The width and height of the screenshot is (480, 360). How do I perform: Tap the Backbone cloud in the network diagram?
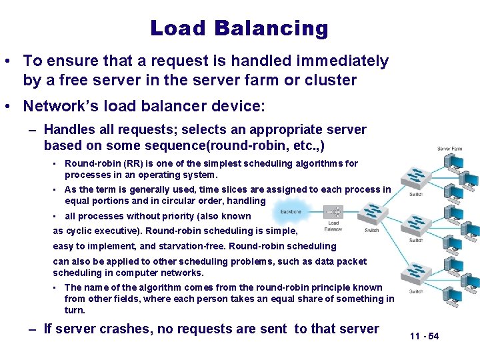pyautogui.click(x=291, y=211)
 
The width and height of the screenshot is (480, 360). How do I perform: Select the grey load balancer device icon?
pyautogui.click(x=333, y=212)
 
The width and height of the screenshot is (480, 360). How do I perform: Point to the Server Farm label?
pyautogui.click(x=450, y=149)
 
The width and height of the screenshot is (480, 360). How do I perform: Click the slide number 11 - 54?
pyautogui.click(x=425, y=336)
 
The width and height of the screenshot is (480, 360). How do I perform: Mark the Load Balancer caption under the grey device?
pyautogui.click(x=333, y=226)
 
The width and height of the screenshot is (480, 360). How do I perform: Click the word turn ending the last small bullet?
pyautogui.click(x=74, y=310)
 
